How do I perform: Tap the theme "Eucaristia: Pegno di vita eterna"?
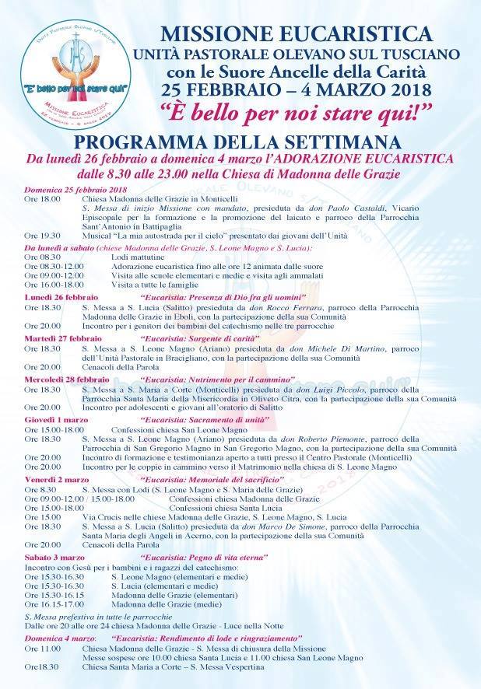pos(205,558)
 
